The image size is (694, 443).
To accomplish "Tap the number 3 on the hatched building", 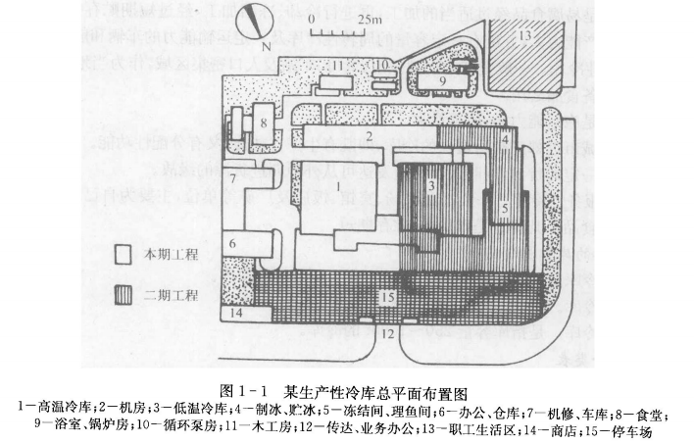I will [430, 185].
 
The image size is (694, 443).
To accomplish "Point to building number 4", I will [504, 140].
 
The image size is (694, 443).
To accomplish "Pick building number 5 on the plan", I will [503, 208].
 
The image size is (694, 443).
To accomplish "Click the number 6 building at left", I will [233, 243].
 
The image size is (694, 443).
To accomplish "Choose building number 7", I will [233, 179].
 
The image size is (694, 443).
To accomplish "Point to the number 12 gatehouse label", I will [386, 334].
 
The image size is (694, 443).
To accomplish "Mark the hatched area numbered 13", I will [525, 36].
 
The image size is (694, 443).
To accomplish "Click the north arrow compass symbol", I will [258, 20].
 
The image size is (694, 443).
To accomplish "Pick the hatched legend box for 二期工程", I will [124, 293].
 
